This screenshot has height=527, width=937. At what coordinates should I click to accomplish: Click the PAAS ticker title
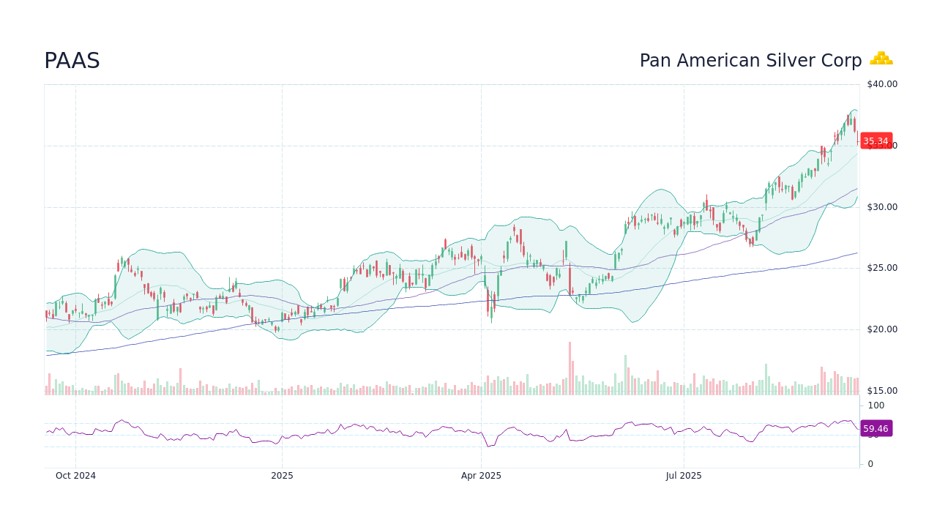click(x=72, y=61)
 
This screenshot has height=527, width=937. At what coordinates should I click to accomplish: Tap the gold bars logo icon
click(x=881, y=59)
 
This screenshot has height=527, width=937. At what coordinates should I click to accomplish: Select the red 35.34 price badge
click(x=876, y=141)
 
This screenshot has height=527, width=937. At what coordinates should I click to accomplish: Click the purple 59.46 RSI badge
click(x=876, y=429)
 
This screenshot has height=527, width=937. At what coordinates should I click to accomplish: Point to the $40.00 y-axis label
click(x=881, y=84)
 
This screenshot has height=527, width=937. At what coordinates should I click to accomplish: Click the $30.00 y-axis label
click(x=881, y=207)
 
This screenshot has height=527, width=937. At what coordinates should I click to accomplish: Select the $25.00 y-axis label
click(x=881, y=268)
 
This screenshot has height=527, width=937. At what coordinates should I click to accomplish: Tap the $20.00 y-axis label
click(x=881, y=329)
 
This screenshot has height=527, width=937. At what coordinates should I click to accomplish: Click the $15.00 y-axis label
click(x=881, y=391)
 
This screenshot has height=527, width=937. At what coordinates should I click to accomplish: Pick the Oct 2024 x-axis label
click(x=75, y=476)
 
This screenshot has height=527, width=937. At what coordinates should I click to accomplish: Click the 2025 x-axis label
click(x=282, y=476)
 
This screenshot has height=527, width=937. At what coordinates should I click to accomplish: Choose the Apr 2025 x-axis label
click(x=481, y=476)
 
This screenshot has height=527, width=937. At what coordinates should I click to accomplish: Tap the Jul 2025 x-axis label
click(x=684, y=476)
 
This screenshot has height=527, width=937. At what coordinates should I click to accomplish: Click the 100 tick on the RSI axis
click(x=876, y=405)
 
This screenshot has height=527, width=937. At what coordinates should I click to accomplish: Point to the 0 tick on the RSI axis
click(x=870, y=464)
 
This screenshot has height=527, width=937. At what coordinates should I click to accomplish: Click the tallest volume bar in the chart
click(x=570, y=369)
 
